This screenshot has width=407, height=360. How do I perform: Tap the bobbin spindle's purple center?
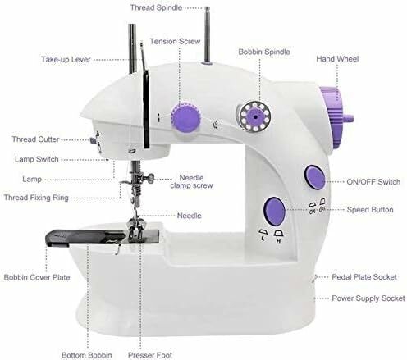point(255,116)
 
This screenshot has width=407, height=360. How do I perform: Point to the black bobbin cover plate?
point(85,237)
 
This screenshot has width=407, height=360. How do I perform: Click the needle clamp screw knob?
point(150,179)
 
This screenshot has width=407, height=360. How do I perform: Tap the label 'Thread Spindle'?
point(156,7)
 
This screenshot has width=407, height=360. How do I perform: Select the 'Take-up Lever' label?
point(66,59)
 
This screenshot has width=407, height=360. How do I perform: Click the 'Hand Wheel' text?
point(337,59)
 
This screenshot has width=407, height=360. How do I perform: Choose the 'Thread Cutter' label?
point(35,139)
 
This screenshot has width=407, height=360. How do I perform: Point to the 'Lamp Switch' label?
point(37,159)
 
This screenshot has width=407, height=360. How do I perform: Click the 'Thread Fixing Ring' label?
point(36,198)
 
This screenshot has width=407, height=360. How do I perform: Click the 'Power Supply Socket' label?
point(368,298)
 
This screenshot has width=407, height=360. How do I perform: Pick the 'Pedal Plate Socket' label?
point(364,277)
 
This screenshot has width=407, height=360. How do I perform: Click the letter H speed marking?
point(279,241)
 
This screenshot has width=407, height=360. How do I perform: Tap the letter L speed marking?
point(263,239)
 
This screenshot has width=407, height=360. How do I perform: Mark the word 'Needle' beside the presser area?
point(190,216)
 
